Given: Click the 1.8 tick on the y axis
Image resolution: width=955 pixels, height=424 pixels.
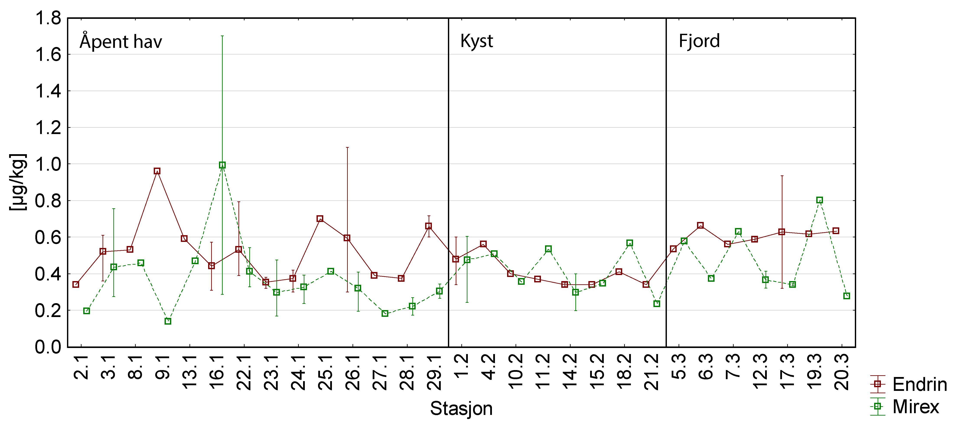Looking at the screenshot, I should point(48,18).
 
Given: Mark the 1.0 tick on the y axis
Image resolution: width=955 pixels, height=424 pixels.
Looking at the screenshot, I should point(48,164).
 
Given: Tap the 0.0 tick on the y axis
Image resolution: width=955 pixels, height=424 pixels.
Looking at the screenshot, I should point(48,347).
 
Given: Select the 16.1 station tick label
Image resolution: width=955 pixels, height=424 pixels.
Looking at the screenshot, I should point(217,372).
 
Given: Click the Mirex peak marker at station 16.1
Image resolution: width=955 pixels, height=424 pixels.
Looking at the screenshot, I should point(222,165).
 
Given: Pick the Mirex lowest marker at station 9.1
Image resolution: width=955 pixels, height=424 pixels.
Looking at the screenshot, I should point(168,321).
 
